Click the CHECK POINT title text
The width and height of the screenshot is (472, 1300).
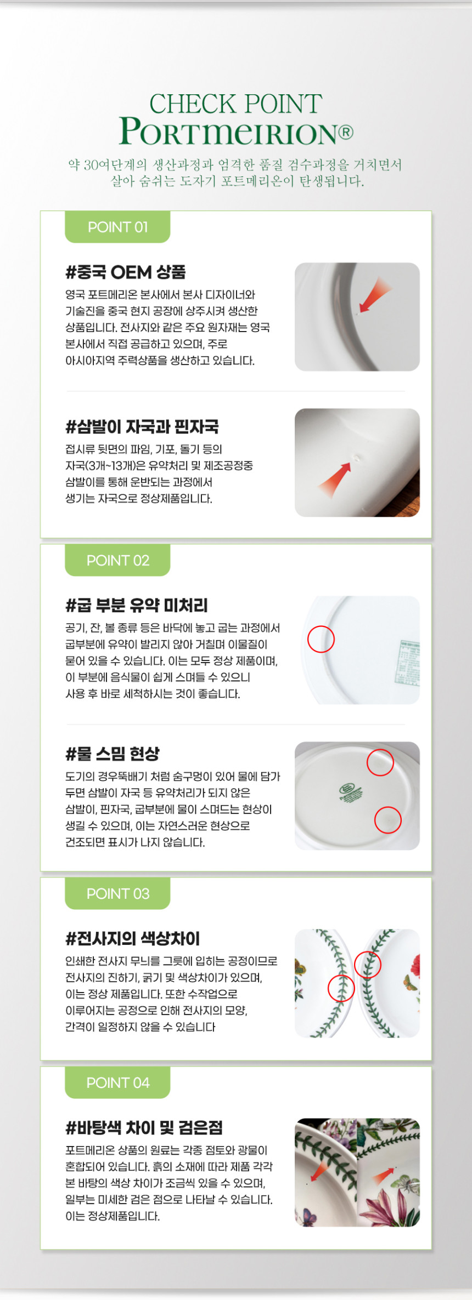pyautogui.click(x=236, y=104)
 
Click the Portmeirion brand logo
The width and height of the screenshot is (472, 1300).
pyautogui.click(x=231, y=132)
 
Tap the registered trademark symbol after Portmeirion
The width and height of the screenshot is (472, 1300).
pyautogui.click(x=346, y=132)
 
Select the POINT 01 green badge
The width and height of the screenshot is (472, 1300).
pyautogui.click(x=117, y=227)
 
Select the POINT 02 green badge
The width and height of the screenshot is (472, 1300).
pyautogui.click(x=117, y=560)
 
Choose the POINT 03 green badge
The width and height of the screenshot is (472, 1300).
pyautogui.click(x=117, y=893)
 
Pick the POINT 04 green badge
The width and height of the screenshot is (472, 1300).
pyautogui.click(x=117, y=1082)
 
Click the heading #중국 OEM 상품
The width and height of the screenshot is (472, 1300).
pyautogui.click(x=126, y=272)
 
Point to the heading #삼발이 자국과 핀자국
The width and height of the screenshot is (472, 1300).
pyautogui.click(x=142, y=426)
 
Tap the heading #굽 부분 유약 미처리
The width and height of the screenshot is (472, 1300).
pyautogui.click(x=137, y=605)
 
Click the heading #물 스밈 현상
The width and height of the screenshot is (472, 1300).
pyautogui.click(x=113, y=754)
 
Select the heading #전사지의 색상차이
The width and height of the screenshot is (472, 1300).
pyautogui.click(x=133, y=938)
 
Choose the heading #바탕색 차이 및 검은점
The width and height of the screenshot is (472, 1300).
pyautogui.click(x=144, y=1127)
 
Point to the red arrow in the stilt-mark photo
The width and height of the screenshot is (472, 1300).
pyautogui.click(x=335, y=480)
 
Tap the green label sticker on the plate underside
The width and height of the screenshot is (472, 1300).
pyautogui.click(x=408, y=663)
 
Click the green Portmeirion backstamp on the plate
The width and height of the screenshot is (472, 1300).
pyautogui.click(x=350, y=792)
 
